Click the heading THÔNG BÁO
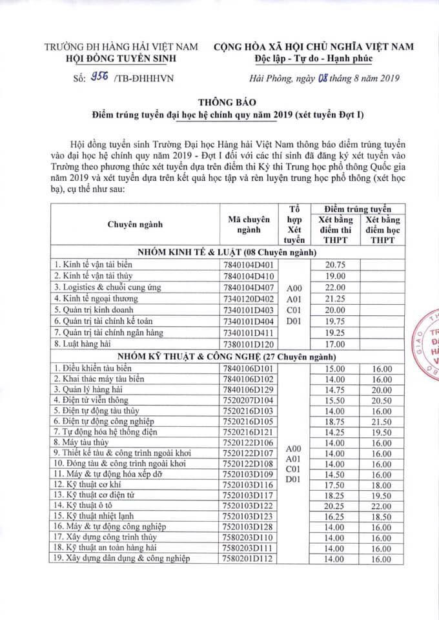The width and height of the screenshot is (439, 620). tap(235, 102)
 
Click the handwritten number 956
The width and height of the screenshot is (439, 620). tap(99, 78)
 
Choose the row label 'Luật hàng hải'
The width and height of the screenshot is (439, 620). tap(85, 344)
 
